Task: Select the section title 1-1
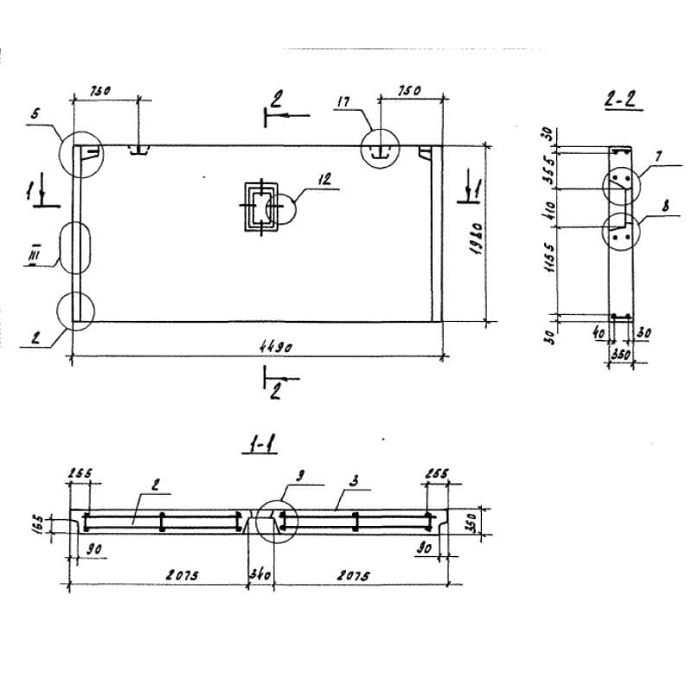click(259, 446)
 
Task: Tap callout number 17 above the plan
click(343, 103)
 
